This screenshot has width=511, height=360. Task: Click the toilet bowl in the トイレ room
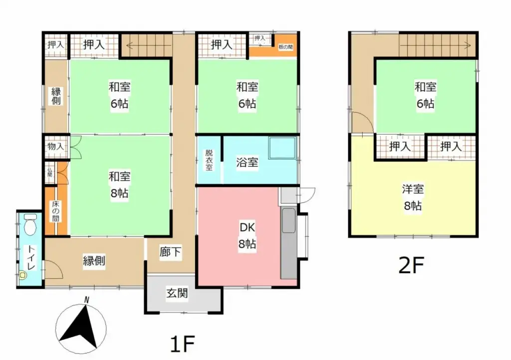(30, 225)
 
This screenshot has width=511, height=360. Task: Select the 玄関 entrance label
(177, 294)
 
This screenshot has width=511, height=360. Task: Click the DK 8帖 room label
(248, 236)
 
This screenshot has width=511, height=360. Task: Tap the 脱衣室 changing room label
(209, 161)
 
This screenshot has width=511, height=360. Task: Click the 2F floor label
(411, 266)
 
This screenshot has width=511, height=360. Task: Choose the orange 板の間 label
(285, 47)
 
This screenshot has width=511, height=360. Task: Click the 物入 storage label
(55, 147)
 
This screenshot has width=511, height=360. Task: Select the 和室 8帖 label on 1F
(120, 184)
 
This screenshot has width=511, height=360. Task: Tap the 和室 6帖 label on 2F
(425, 96)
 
